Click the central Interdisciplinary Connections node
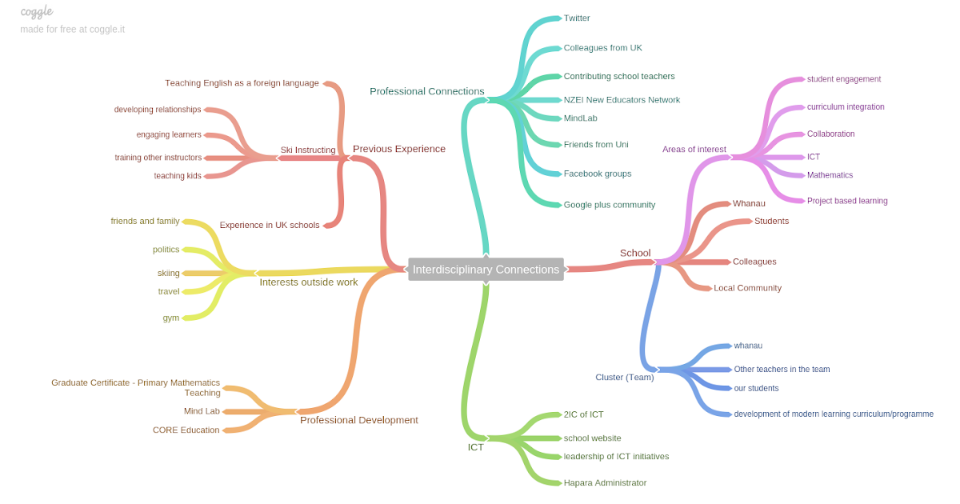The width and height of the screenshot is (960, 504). (486, 270)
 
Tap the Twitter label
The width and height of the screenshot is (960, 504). (577, 18)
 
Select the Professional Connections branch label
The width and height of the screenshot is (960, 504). (426, 91)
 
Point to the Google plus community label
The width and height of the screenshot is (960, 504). (609, 205)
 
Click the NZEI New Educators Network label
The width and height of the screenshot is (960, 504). (622, 100)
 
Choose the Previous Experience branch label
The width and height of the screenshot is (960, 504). (398, 149)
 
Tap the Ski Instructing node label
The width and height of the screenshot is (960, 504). (307, 150)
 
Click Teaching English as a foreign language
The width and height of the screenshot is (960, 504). (242, 83)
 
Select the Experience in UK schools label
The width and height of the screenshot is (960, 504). (270, 226)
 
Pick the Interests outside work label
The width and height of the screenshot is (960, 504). (308, 282)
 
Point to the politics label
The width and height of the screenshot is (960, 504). (166, 250)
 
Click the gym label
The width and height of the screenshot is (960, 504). (171, 318)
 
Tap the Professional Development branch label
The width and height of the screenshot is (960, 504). (358, 420)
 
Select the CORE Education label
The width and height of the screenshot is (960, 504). (186, 430)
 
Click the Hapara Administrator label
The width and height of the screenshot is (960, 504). (605, 483)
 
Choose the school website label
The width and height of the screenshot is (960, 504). (592, 438)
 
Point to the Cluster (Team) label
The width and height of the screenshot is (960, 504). (624, 378)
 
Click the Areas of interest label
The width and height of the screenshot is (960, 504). (694, 150)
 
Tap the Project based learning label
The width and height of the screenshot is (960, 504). (847, 202)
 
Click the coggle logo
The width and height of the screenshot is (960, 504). (37, 11)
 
